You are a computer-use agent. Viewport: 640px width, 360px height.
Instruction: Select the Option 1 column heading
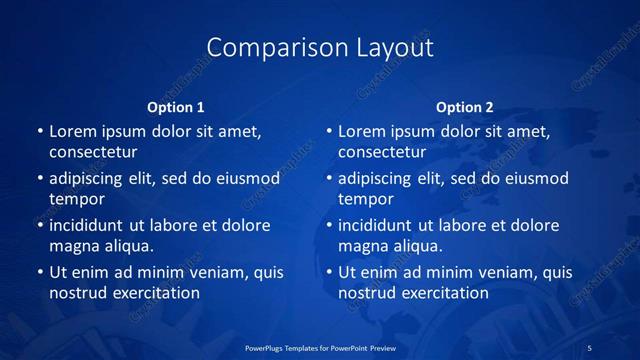[x=176, y=107]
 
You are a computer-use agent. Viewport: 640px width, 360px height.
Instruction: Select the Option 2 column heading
[x=465, y=107]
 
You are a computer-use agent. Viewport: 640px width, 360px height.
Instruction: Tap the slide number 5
[x=590, y=347]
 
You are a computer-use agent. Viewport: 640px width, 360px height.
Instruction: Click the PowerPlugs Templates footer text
[x=320, y=347]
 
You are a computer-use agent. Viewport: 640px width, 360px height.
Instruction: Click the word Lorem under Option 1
[x=73, y=131]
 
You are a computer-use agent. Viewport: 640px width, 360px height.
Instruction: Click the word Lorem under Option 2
[x=362, y=131]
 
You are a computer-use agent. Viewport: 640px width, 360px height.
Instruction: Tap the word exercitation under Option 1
[x=153, y=293]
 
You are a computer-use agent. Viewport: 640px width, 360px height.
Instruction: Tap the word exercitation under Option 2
[x=442, y=293]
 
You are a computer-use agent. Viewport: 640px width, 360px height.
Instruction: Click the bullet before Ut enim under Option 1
[x=39, y=272]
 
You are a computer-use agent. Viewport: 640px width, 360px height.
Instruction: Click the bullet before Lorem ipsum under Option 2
[x=328, y=131]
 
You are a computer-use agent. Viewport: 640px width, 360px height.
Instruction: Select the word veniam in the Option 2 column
[x=489, y=272]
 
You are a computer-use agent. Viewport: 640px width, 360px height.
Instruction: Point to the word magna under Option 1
[x=72, y=246]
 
